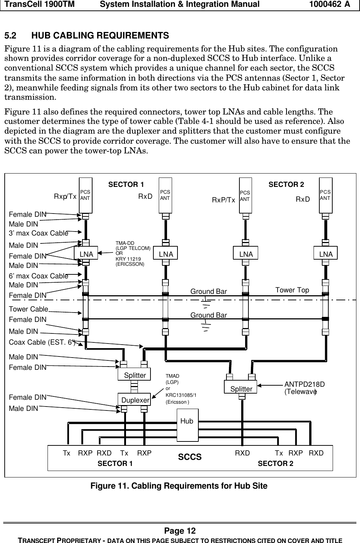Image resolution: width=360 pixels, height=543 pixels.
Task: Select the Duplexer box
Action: [134, 400]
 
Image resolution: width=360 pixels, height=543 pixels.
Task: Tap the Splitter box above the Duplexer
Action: [134, 375]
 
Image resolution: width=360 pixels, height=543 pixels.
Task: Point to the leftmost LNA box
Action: [86, 254]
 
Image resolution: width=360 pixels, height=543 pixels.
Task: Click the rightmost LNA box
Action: [325, 254]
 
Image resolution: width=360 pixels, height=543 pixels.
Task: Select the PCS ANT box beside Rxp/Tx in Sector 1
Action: [86, 195]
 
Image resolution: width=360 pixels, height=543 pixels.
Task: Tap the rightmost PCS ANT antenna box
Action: [325, 195]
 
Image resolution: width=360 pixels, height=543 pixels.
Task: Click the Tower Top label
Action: [292, 290]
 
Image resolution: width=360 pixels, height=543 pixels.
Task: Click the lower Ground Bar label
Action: [208, 315]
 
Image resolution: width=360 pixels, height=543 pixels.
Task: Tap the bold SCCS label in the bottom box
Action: [190, 457]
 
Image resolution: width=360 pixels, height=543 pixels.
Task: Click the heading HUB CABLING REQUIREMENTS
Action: [100, 36]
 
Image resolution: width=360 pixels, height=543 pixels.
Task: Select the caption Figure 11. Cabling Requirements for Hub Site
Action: [179, 486]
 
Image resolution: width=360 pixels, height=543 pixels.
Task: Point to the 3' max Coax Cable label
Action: [39, 233]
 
